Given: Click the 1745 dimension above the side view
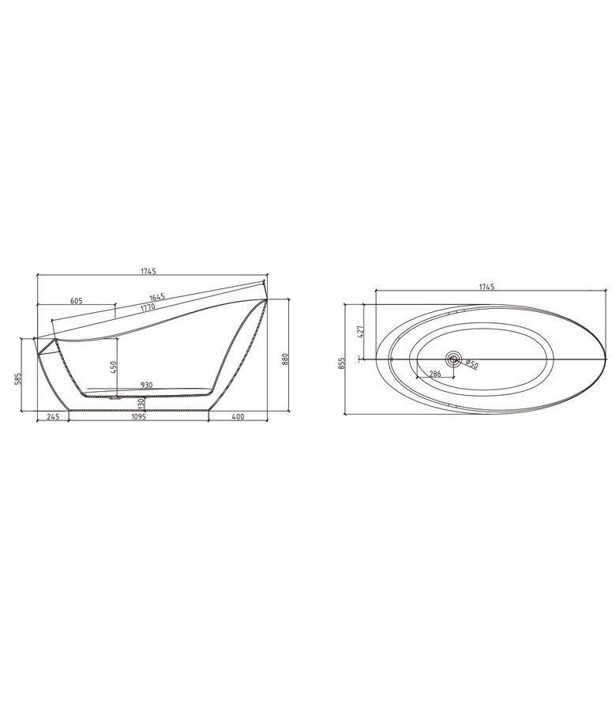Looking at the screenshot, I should click(148, 271).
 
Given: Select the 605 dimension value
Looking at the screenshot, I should click(77, 301).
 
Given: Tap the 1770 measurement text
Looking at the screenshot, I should click(145, 307).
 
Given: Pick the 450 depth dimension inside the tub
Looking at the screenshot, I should click(113, 367).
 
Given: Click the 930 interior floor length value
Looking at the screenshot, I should click(147, 385).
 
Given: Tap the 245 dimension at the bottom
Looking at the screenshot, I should click(53, 416).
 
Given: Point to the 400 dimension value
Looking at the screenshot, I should click(238, 416).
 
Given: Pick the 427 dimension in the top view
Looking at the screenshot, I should click(360, 331).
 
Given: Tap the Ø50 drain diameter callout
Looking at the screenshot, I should click(471, 363).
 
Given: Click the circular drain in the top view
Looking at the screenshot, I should click(453, 359).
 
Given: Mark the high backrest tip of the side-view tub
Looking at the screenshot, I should click(265, 281).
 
